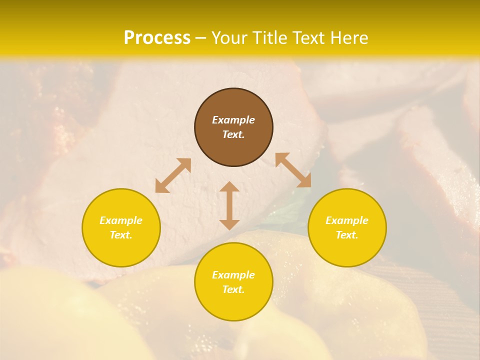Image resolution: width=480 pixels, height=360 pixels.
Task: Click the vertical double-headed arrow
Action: tap(229, 205)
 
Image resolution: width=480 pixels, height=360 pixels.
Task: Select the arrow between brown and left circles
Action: tap(173, 175)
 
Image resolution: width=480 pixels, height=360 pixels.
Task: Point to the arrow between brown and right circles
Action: tap(293, 170)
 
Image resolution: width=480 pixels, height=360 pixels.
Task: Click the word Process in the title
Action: tap(157, 37)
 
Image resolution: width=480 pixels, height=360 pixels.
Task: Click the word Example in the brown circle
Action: tap(233, 120)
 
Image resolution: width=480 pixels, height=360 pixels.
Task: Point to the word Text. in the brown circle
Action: tap(233, 134)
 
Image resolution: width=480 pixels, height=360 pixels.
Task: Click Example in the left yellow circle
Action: tap(121, 220)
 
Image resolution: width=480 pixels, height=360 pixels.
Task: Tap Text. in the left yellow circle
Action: tap(121, 235)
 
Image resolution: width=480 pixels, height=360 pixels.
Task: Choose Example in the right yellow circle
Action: tap(347, 220)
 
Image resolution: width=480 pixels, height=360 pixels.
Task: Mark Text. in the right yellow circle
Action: tap(347, 235)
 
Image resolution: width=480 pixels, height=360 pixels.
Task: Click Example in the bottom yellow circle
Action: tap(233, 275)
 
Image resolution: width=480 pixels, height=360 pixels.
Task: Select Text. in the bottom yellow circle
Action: tap(233, 289)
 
